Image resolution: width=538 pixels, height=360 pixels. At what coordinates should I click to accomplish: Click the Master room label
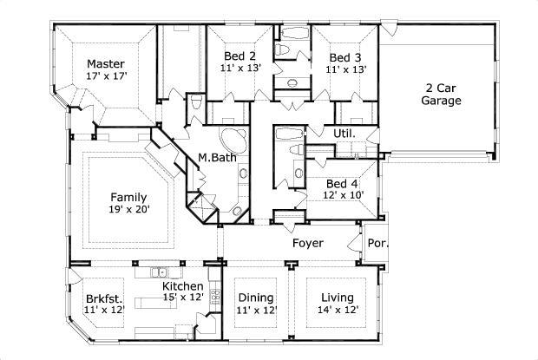click(x=106, y=64)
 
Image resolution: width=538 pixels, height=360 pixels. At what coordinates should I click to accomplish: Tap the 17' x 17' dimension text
click(x=106, y=76)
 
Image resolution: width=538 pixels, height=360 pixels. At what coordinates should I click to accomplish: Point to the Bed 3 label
click(x=345, y=56)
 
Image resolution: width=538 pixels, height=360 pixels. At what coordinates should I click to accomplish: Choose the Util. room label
click(x=344, y=133)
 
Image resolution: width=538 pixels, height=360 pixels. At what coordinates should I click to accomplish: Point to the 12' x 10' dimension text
click(x=344, y=195)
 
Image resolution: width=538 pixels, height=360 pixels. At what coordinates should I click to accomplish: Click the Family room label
click(x=129, y=197)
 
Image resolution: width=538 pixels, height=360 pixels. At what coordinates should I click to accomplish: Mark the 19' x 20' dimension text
click(x=129, y=209)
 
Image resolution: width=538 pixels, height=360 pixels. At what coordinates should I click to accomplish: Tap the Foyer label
click(x=308, y=243)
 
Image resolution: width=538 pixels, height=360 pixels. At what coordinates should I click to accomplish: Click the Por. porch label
click(x=377, y=243)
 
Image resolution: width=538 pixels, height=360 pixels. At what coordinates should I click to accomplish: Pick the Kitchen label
click(x=183, y=286)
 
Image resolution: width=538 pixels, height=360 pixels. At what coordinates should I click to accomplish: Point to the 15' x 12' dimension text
click(x=183, y=298)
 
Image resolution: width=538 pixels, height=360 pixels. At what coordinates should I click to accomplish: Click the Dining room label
click(x=256, y=298)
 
